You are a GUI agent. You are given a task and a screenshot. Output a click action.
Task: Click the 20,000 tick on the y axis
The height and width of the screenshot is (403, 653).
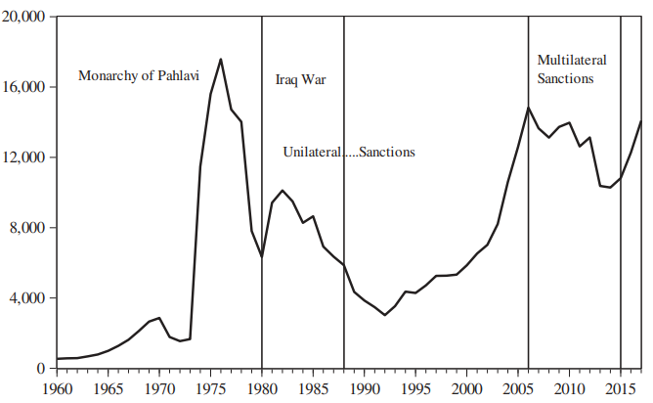click(x=24, y=18)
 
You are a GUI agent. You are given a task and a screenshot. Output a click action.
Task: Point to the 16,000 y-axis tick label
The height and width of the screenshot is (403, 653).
click(x=24, y=87)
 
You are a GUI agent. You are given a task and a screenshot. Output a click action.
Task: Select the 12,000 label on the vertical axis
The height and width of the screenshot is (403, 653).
click(x=24, y=157)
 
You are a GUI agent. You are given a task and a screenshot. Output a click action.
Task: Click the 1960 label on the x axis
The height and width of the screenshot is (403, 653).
click(x=57, y=387)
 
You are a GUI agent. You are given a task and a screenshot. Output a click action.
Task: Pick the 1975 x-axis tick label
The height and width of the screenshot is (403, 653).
click(x=210, y=387)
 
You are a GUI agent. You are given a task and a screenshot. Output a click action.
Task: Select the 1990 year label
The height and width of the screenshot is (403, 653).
click(x=365, y=387)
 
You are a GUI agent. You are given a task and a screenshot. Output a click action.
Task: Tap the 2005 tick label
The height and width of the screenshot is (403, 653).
click(x=518, y=387)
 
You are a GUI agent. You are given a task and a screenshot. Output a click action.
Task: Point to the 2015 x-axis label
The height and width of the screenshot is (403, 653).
click(x=621, y=387)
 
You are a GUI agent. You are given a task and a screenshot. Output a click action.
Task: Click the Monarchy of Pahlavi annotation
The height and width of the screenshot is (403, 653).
click(x=138, y=76)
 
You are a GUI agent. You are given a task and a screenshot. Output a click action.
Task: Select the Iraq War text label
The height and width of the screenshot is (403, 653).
click(x=300, y=80)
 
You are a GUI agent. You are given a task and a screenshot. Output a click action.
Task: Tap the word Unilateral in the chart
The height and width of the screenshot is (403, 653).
click(x=312, y=153)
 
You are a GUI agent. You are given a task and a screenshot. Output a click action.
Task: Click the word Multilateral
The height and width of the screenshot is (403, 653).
click(x=572, y=61)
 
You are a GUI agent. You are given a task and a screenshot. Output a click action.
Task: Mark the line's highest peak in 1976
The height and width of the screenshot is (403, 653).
click(x=221, y=60)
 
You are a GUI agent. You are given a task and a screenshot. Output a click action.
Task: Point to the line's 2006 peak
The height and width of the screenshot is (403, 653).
click(x=528, y=108)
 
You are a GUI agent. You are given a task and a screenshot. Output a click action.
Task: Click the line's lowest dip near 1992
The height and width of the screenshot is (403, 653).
click(x=385, y=315)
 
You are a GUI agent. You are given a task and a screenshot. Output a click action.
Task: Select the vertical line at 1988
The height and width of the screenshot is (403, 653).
click(x=344, y=245)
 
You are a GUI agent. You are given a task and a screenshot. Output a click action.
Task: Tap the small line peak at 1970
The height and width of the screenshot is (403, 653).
click(x=159, y=318)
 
